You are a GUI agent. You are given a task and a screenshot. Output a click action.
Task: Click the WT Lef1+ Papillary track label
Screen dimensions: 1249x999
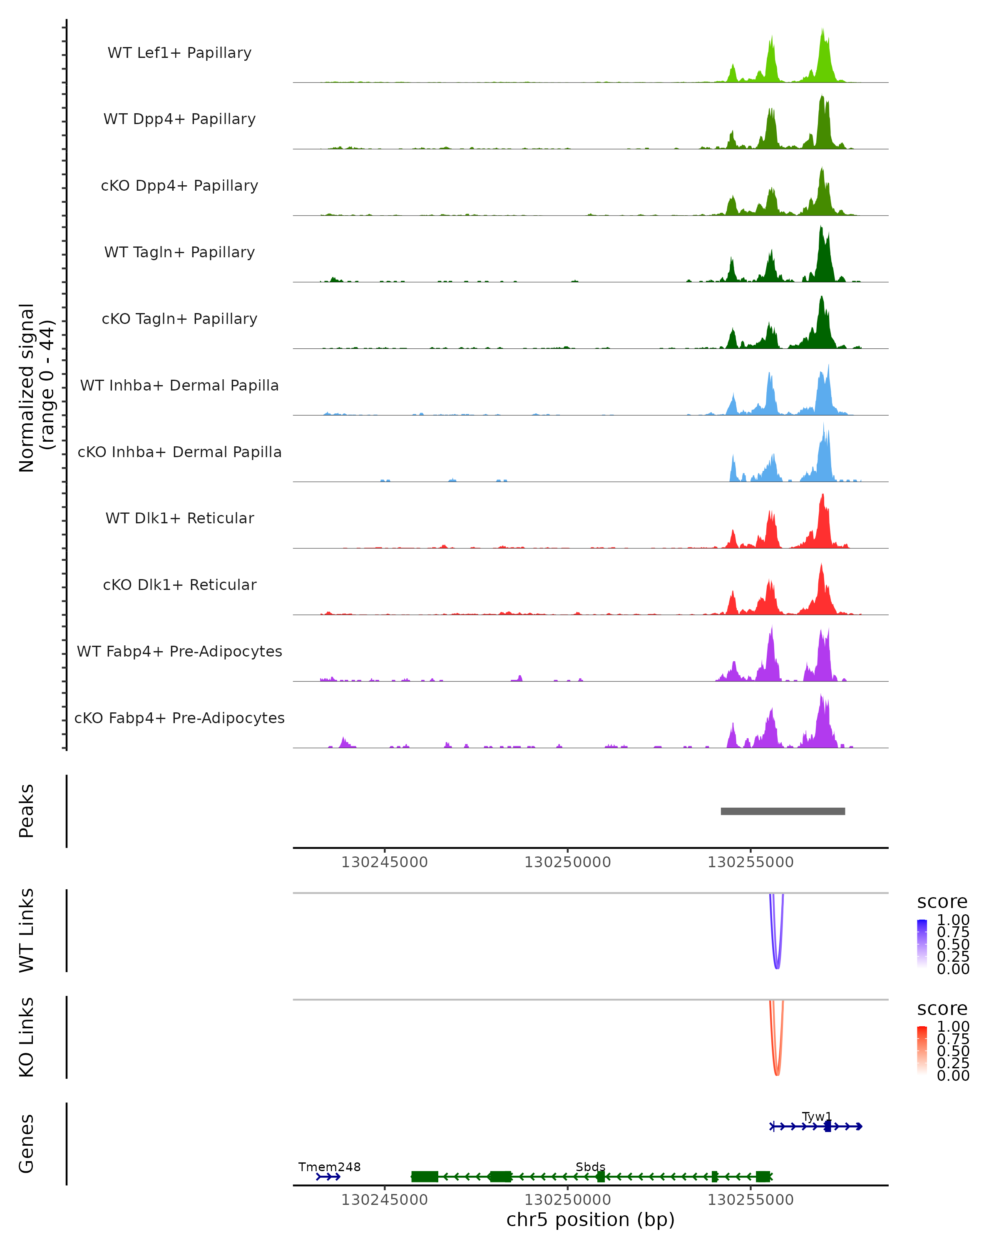click(179, 53)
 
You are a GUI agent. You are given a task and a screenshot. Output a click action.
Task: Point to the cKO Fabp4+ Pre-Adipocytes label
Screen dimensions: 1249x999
click(179, 718)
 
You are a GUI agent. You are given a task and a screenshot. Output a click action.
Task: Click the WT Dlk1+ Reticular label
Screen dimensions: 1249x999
click(179, 518)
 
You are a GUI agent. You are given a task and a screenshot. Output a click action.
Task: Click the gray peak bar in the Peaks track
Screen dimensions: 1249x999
click(783, 811)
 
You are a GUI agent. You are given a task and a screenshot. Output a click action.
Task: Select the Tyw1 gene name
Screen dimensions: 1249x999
click(817, 1116)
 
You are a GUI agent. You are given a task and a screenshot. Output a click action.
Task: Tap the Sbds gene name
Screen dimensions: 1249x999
click(590, 1167)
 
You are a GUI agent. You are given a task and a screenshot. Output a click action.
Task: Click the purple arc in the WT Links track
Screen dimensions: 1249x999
click(777, 966)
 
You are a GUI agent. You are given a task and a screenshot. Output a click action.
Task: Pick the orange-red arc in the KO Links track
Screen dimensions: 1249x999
click(777, 1073)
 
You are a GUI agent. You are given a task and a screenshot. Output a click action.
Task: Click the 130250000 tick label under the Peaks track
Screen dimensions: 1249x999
click(567, 862)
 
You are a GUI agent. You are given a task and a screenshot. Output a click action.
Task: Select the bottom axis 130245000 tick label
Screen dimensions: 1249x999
click(385, 1200)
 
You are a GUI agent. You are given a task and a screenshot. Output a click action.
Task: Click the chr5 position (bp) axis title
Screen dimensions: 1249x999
click(590, 1220)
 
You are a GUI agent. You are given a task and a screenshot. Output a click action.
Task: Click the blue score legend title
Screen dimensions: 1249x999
click(942, 902)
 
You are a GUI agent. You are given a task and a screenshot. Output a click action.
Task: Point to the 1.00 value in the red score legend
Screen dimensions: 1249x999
click(953, 1027)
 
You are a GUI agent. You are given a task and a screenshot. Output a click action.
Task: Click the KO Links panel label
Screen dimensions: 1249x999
click(27, 1037)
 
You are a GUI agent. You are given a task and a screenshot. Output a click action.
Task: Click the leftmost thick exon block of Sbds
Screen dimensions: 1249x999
click(425, 1177)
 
